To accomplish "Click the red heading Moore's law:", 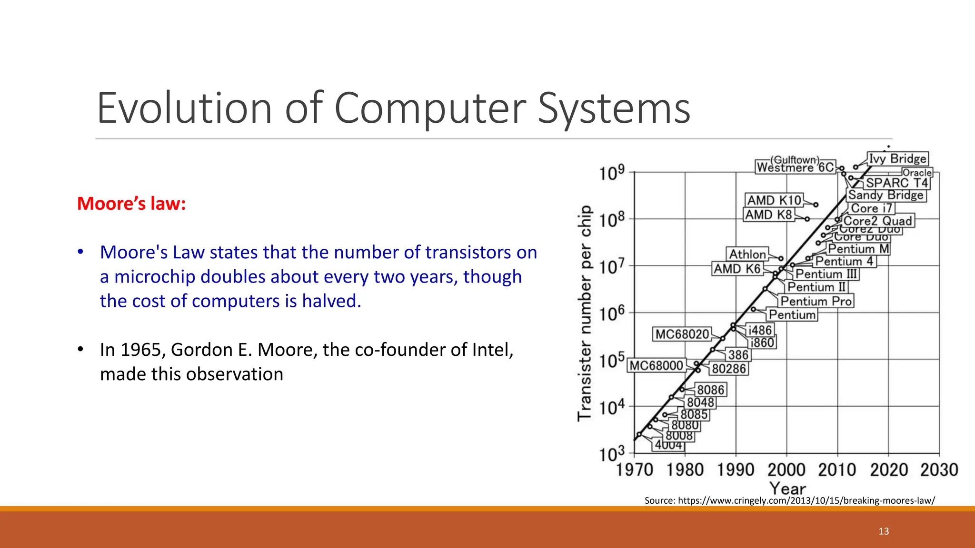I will [131, 204].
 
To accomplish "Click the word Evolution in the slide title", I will [184, 108].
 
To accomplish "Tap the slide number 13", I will [884, 531].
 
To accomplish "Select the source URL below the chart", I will [789, 500].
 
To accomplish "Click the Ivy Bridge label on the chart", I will [897, 158].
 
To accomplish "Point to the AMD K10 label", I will [774, 200].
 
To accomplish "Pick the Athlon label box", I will [747, 254].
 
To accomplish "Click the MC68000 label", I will [657, 365].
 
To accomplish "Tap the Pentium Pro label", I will [816, 301].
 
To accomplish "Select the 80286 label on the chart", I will [729, 369].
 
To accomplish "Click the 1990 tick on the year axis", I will [736, 470].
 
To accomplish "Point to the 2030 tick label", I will [939, 470].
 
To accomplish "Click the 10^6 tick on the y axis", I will [612, 314].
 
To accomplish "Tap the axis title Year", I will [787, 489].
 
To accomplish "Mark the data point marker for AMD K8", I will [807, 219].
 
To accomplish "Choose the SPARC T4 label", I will [897, 183].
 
